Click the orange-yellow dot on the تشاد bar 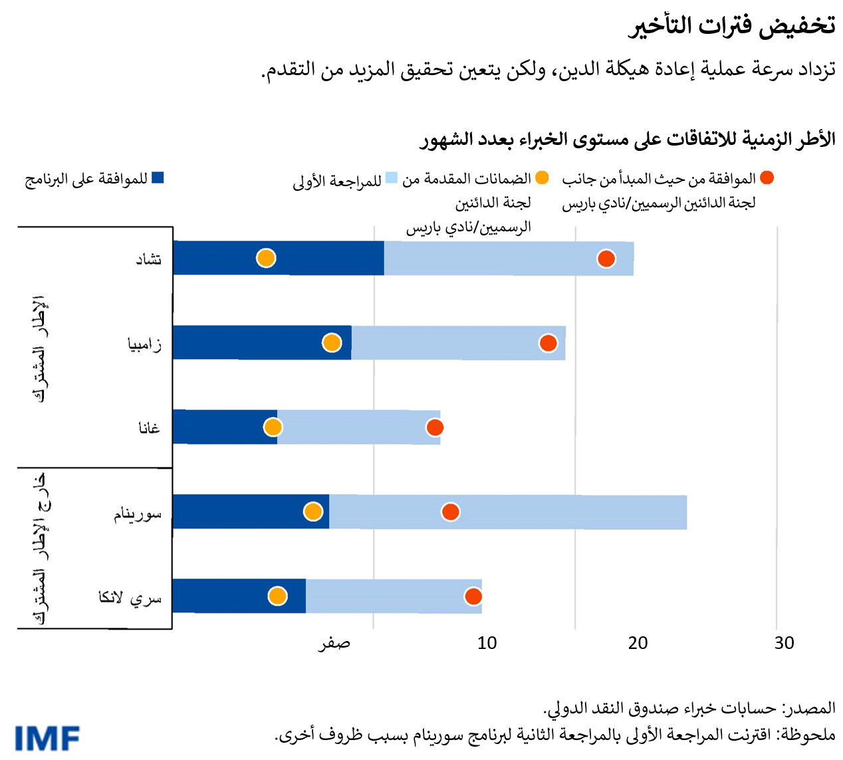pos(266,258)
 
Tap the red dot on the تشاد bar pos(606,259)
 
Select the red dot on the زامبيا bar pos(548,343)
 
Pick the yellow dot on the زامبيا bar pos(332,343)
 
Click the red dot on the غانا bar pos(435,428)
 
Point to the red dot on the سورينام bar pos(451,512)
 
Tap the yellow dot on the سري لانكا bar pos(277,596)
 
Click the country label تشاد pos(149,259)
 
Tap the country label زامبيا pos(144,344)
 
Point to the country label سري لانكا pos(130,598)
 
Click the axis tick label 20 pos(638,643)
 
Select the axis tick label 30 pos(784,643)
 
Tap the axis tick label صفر pos(334,644)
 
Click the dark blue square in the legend pos(158,178)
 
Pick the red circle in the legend pos(767,178)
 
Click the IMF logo pos(47,739)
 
